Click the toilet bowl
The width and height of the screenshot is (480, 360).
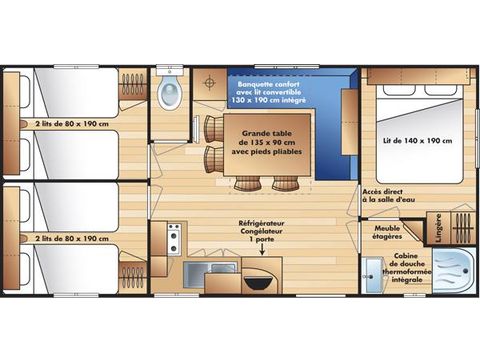pyautogui.click(x=170, y=92)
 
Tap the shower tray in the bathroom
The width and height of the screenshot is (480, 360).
pyautogui.click(x=454, y=271)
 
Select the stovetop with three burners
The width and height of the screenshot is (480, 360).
pyautogui.click(x=174, y=239)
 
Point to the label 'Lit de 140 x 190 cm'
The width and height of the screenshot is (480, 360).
pyautogui.click(x=417, y=141)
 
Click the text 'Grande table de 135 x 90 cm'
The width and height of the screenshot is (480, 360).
pyautogui.click(x=267, y=138)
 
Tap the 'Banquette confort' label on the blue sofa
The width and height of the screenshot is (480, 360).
pyautogui.click(x=269, y=84)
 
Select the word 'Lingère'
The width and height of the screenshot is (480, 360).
pyautogui.click(x=438, y=228)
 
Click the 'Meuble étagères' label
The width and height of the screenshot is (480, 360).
pyautogui.click(x=387, y=232)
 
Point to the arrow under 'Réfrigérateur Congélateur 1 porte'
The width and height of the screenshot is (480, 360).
pyautogui.click(x=262, y=249)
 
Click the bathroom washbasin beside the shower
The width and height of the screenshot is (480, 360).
pyautogui.click(x=372, y=276)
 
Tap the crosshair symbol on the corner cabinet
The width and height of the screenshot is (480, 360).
pyautogui.click(x=209, y=82)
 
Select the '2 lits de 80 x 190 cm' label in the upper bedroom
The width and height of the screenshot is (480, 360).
pyautogui.click(x=72, y=124)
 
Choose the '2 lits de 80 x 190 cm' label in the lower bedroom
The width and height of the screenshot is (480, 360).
pyautogui.click(x=72, y=239)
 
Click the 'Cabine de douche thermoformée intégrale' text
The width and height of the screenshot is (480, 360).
pyautogui.click(x=407, y=268)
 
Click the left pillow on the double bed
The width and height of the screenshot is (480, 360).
pyautogui.click(x=399, y=90)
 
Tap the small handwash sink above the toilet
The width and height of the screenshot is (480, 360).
pyautogui.click(x=170, y=71)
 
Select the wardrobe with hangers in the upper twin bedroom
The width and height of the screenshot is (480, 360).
pyautogui.click(x=133, y=84)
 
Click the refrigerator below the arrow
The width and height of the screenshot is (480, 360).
pyautogui.click(x=262, y=275)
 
